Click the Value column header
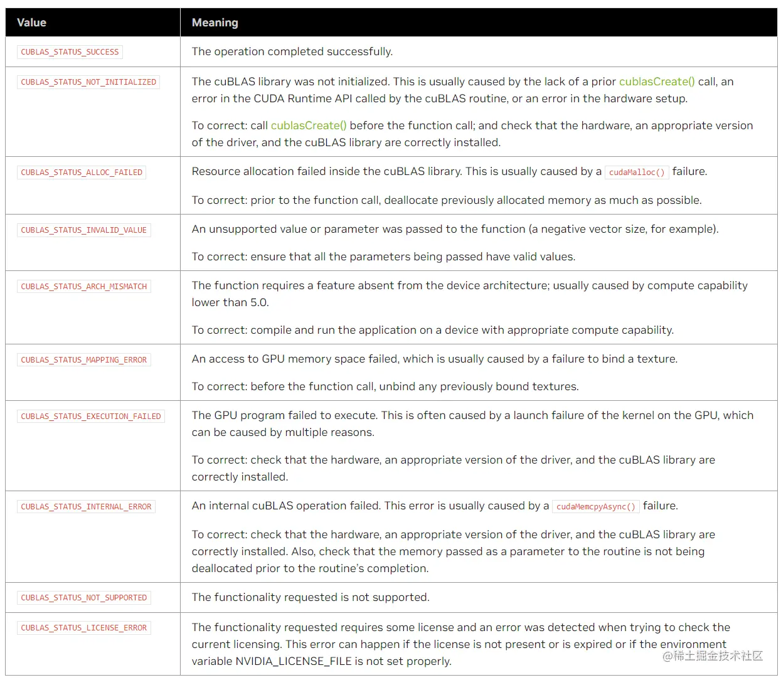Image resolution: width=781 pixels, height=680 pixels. click(31, 23)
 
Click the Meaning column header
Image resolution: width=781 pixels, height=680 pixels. click(215, 23)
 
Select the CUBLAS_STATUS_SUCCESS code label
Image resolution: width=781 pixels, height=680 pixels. click(70, 52)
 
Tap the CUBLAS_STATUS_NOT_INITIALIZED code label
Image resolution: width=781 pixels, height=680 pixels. click(88, 82)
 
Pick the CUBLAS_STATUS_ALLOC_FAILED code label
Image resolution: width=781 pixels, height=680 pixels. click(82, 173)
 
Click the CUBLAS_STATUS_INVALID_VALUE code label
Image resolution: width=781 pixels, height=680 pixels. click(83, 230)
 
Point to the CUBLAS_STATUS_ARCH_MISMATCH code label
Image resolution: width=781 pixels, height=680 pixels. click(83, 287)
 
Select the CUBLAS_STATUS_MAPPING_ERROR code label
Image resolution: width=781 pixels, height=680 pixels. click(83, 360)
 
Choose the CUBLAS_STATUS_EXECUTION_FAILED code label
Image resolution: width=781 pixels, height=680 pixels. click(91, 417)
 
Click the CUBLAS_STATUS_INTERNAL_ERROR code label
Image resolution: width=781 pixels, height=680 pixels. click(86, 507)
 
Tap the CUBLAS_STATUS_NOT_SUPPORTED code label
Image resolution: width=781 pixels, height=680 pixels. click(83, 598)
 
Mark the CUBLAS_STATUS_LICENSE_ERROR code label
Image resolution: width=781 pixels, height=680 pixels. click(83, 628)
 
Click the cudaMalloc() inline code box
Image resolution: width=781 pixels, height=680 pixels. click(637, 173)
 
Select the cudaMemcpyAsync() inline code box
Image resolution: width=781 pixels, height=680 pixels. click(596, 507)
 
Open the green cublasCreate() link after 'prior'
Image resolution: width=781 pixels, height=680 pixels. click(657, 82)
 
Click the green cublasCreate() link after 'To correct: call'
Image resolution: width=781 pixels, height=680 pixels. click(309, 125)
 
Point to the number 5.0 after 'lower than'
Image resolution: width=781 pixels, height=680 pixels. click(259, 302)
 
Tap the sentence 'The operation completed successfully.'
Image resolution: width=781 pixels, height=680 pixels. click(292, 51)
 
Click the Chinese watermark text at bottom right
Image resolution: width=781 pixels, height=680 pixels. click(713, 656)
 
